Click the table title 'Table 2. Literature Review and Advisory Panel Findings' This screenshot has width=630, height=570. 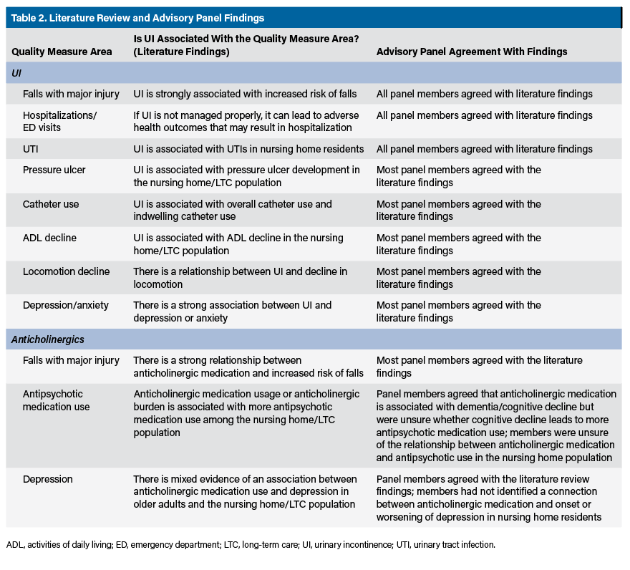137,18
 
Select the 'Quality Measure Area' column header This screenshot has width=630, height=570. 62,52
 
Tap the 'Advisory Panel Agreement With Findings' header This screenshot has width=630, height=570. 472,52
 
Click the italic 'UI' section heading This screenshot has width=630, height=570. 16,73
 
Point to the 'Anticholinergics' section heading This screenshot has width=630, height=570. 48,340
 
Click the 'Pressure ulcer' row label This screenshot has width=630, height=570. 54,170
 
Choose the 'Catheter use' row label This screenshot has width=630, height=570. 51,204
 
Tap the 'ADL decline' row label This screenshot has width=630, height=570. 49,238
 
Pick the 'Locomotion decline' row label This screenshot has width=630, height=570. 66,271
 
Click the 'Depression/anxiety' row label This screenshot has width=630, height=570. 66,305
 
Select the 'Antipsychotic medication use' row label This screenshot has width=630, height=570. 57,400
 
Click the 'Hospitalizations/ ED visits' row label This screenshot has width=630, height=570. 59,121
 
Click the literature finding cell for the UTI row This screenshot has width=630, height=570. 248,149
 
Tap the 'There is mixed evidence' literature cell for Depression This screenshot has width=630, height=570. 245,491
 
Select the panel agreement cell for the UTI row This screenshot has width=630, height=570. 485,149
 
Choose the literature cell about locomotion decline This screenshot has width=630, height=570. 240,278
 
